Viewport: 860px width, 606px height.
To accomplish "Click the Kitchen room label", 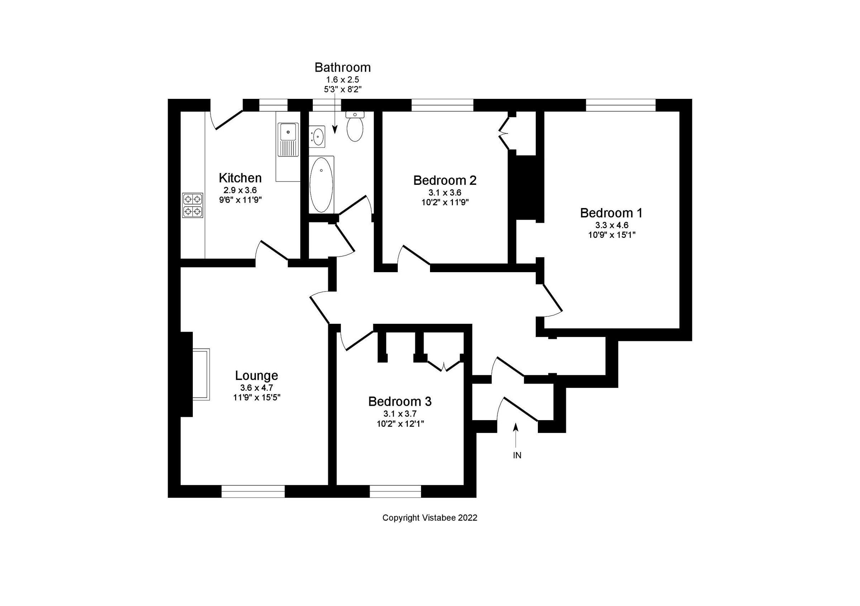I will (x=240, y=177).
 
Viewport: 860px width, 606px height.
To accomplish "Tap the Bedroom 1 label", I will (x=611, y=213).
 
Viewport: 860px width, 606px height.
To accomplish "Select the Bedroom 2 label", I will (x=445, y=181).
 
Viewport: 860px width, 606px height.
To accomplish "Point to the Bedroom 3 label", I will (x=400, y=401).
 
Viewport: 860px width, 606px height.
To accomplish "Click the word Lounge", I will (x=257, y=375).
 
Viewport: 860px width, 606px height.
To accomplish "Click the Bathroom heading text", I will (x=342, y=67).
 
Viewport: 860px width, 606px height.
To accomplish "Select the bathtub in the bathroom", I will (x=321, y=184).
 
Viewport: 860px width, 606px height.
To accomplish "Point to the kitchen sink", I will (x=288, y=131).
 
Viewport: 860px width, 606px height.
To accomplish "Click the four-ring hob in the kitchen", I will (x=193, y=205).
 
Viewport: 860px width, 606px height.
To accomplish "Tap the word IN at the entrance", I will (x=517, y=456).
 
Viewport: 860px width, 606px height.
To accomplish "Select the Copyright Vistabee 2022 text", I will (x=430, y=518).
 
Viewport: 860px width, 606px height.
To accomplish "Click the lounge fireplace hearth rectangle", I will (x=201, y=374).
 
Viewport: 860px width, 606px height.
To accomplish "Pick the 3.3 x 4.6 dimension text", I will (x=611, y=225).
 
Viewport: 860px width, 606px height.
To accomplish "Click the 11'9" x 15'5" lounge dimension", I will (x=257, y=398).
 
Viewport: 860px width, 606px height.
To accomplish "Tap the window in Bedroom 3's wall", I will (x=395, y=491).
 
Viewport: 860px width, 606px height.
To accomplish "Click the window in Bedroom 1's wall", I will (x=620, y=105).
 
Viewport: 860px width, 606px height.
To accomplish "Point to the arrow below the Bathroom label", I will (x=335, y=116).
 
